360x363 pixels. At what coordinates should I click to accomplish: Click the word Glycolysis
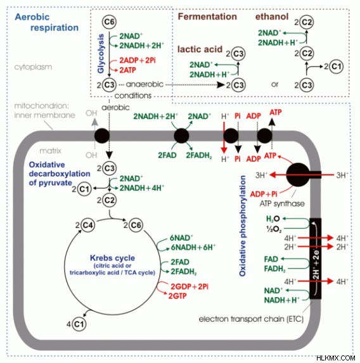(x=101, y=54)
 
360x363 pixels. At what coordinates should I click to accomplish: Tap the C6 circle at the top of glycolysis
(x=109, y=22)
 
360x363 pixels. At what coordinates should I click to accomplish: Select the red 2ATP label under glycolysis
(x=127, y=70)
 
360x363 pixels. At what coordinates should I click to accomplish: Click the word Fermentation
(x=207, y=16)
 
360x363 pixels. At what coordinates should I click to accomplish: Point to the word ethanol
(x=272, y=16)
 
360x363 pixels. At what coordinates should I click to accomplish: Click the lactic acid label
(x=200, y=49)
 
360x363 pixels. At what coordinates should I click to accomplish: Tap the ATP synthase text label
(x=282, y=204)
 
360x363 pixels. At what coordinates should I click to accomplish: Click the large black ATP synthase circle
(x=298, y=175)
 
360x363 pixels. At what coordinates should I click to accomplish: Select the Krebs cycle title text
(x=112, y=258)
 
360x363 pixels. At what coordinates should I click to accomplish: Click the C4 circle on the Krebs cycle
(x=87, y=225)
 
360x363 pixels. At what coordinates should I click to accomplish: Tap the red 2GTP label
(x=177, y=296)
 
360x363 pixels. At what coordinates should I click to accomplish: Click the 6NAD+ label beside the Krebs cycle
(x=181, y=238)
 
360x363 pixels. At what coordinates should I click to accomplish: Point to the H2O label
(x=273, y=219)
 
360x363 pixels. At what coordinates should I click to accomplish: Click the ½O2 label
(x=274, y=229)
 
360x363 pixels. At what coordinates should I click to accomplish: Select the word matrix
(x=51, y=151)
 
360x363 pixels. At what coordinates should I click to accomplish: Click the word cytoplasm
(x=33, y=67)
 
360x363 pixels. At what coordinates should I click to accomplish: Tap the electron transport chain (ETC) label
(x=251, y=319)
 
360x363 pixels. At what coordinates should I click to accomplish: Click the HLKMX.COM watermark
(x=336, y=358)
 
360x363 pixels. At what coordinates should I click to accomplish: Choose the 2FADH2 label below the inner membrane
(x=199, y=155)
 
